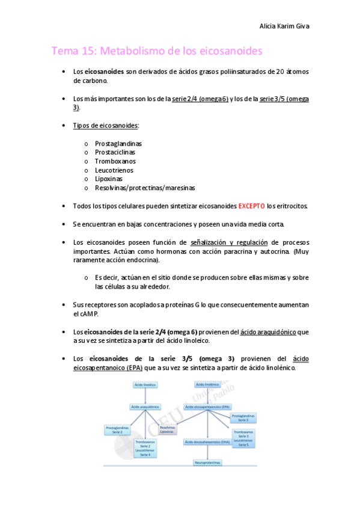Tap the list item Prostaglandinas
pyautogui.click(x=118, y=143)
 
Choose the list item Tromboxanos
pyautogui.click(x=115, y=161)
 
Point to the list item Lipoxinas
pyautogui.click(x=108, y=179)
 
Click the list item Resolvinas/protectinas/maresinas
pyautogui.click(x=145, y=188)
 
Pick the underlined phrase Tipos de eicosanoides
pyautogui.click(x=105, y=125)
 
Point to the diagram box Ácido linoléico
pyautogui.click(x=145, y=384)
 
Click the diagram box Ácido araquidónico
pyautogui.click(x=145, y=407)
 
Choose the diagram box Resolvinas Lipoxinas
pyautogui.click(x=168, y=429)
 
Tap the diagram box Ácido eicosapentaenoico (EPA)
pyautogui.click(x=207, y=407)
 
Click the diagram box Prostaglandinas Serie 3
pyautogui.click(x=243, y=417)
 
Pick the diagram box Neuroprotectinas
pyautogui.click(x=207, y=462)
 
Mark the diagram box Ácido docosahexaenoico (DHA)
pyautogui.click(x=207, y=442)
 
